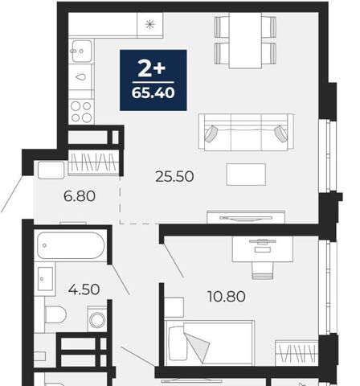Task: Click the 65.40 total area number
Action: (x=153, y=92)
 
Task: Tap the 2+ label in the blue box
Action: (x=152, y=68)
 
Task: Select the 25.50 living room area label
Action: (x=174, y=177)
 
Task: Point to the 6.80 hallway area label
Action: (x=80, y=196)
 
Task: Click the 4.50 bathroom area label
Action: (x=84, y=289)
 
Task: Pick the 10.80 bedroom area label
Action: (x=227, y=297)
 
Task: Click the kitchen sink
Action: (x=82, y=51)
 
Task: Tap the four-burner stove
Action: (x=81, y=112)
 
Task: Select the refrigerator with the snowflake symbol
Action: (x=150, y=25)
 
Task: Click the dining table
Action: (x=245, y=40)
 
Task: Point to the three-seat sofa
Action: (x=246, y=132)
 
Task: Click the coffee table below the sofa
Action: (x=246, y=175)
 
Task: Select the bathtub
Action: (x=71, y=245)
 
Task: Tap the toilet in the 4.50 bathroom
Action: (x=55, y=314)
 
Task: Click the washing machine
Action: (x=97, y=319)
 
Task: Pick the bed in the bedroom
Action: (x=210, y=343)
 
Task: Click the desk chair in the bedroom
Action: (x=263, y=270)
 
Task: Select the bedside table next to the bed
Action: (x=174, y=307)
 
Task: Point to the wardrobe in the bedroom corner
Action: (x=297, y=353)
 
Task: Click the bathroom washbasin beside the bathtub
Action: (x=45, y=279)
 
